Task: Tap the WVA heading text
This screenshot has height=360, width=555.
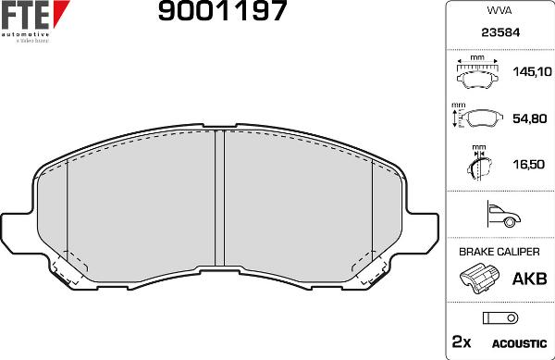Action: [499, 12]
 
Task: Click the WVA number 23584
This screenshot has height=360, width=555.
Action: [499, 34]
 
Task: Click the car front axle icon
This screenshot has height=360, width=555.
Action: [499, 216]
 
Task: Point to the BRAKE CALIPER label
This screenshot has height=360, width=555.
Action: [499, 252]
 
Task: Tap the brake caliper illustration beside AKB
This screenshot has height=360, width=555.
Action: [479, 278]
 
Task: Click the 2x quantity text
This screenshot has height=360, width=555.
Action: [461, 342]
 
